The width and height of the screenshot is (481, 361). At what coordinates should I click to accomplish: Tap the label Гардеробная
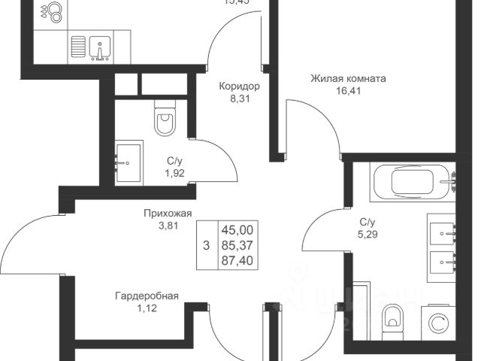(147, 296)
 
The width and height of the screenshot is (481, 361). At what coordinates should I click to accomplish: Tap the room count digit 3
(207, 244)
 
